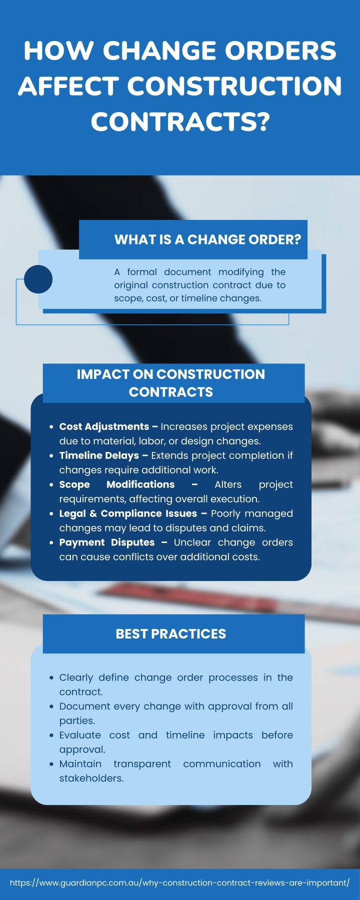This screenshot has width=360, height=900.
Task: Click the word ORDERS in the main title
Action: click(280, 51)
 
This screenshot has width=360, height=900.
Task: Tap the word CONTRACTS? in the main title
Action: click(180, 122)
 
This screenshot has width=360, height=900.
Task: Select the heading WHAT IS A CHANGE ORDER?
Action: click(207, 239)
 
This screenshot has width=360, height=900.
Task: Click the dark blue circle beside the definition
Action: click(38, 279)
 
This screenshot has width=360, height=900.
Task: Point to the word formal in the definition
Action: click(142, 272)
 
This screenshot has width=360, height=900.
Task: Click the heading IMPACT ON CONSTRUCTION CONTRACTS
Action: click(171, 383)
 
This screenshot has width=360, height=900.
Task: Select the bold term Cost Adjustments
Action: click(104, 426)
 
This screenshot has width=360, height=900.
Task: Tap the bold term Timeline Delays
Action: click(99, 455)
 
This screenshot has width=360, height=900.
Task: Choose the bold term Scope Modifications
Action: click(117, 484)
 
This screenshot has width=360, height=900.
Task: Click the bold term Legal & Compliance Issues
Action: click(128, 513)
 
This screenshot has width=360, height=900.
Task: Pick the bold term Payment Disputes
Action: click(107, 542)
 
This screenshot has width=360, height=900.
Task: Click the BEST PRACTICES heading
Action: click(171, 634)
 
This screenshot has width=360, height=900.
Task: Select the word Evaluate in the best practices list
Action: click(80, 735)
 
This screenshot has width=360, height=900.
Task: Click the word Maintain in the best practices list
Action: click(80, 764)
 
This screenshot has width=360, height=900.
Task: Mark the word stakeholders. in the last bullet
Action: click(91, 778)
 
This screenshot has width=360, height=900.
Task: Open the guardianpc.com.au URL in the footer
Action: click(180, 883)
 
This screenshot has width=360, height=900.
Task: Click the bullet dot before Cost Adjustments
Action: click(51, 427)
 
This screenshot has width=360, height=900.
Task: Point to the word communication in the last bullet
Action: click(222, 764)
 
